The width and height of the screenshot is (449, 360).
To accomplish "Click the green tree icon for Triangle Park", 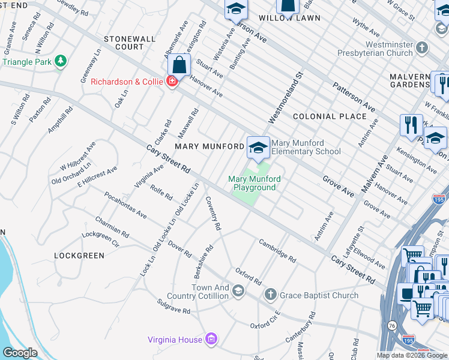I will tap(60, 61).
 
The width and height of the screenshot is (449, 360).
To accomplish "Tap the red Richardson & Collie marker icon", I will tap(172, 82).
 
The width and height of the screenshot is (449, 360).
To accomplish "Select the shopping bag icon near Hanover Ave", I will tap(179, 64).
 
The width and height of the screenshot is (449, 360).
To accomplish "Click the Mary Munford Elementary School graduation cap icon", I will tap(258, 147).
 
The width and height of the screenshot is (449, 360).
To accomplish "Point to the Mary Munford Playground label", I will tap(255, 183).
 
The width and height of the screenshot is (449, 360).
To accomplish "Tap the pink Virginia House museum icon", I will tap(211, 340).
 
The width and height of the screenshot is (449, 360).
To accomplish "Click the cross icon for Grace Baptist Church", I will tap(271, 295).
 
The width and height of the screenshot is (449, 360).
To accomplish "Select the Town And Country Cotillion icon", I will tap(238, 292).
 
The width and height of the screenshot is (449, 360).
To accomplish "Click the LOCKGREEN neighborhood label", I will tap(79, 256).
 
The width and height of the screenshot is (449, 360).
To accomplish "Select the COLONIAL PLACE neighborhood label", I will tap(330, 116).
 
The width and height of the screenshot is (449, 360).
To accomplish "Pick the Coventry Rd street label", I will tap(214, 213).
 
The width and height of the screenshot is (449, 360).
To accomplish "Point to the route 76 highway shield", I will tap(392, 342).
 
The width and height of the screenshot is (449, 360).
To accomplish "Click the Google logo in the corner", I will tap(19, 353).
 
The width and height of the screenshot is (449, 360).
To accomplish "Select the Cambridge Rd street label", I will tap(277, 251).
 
